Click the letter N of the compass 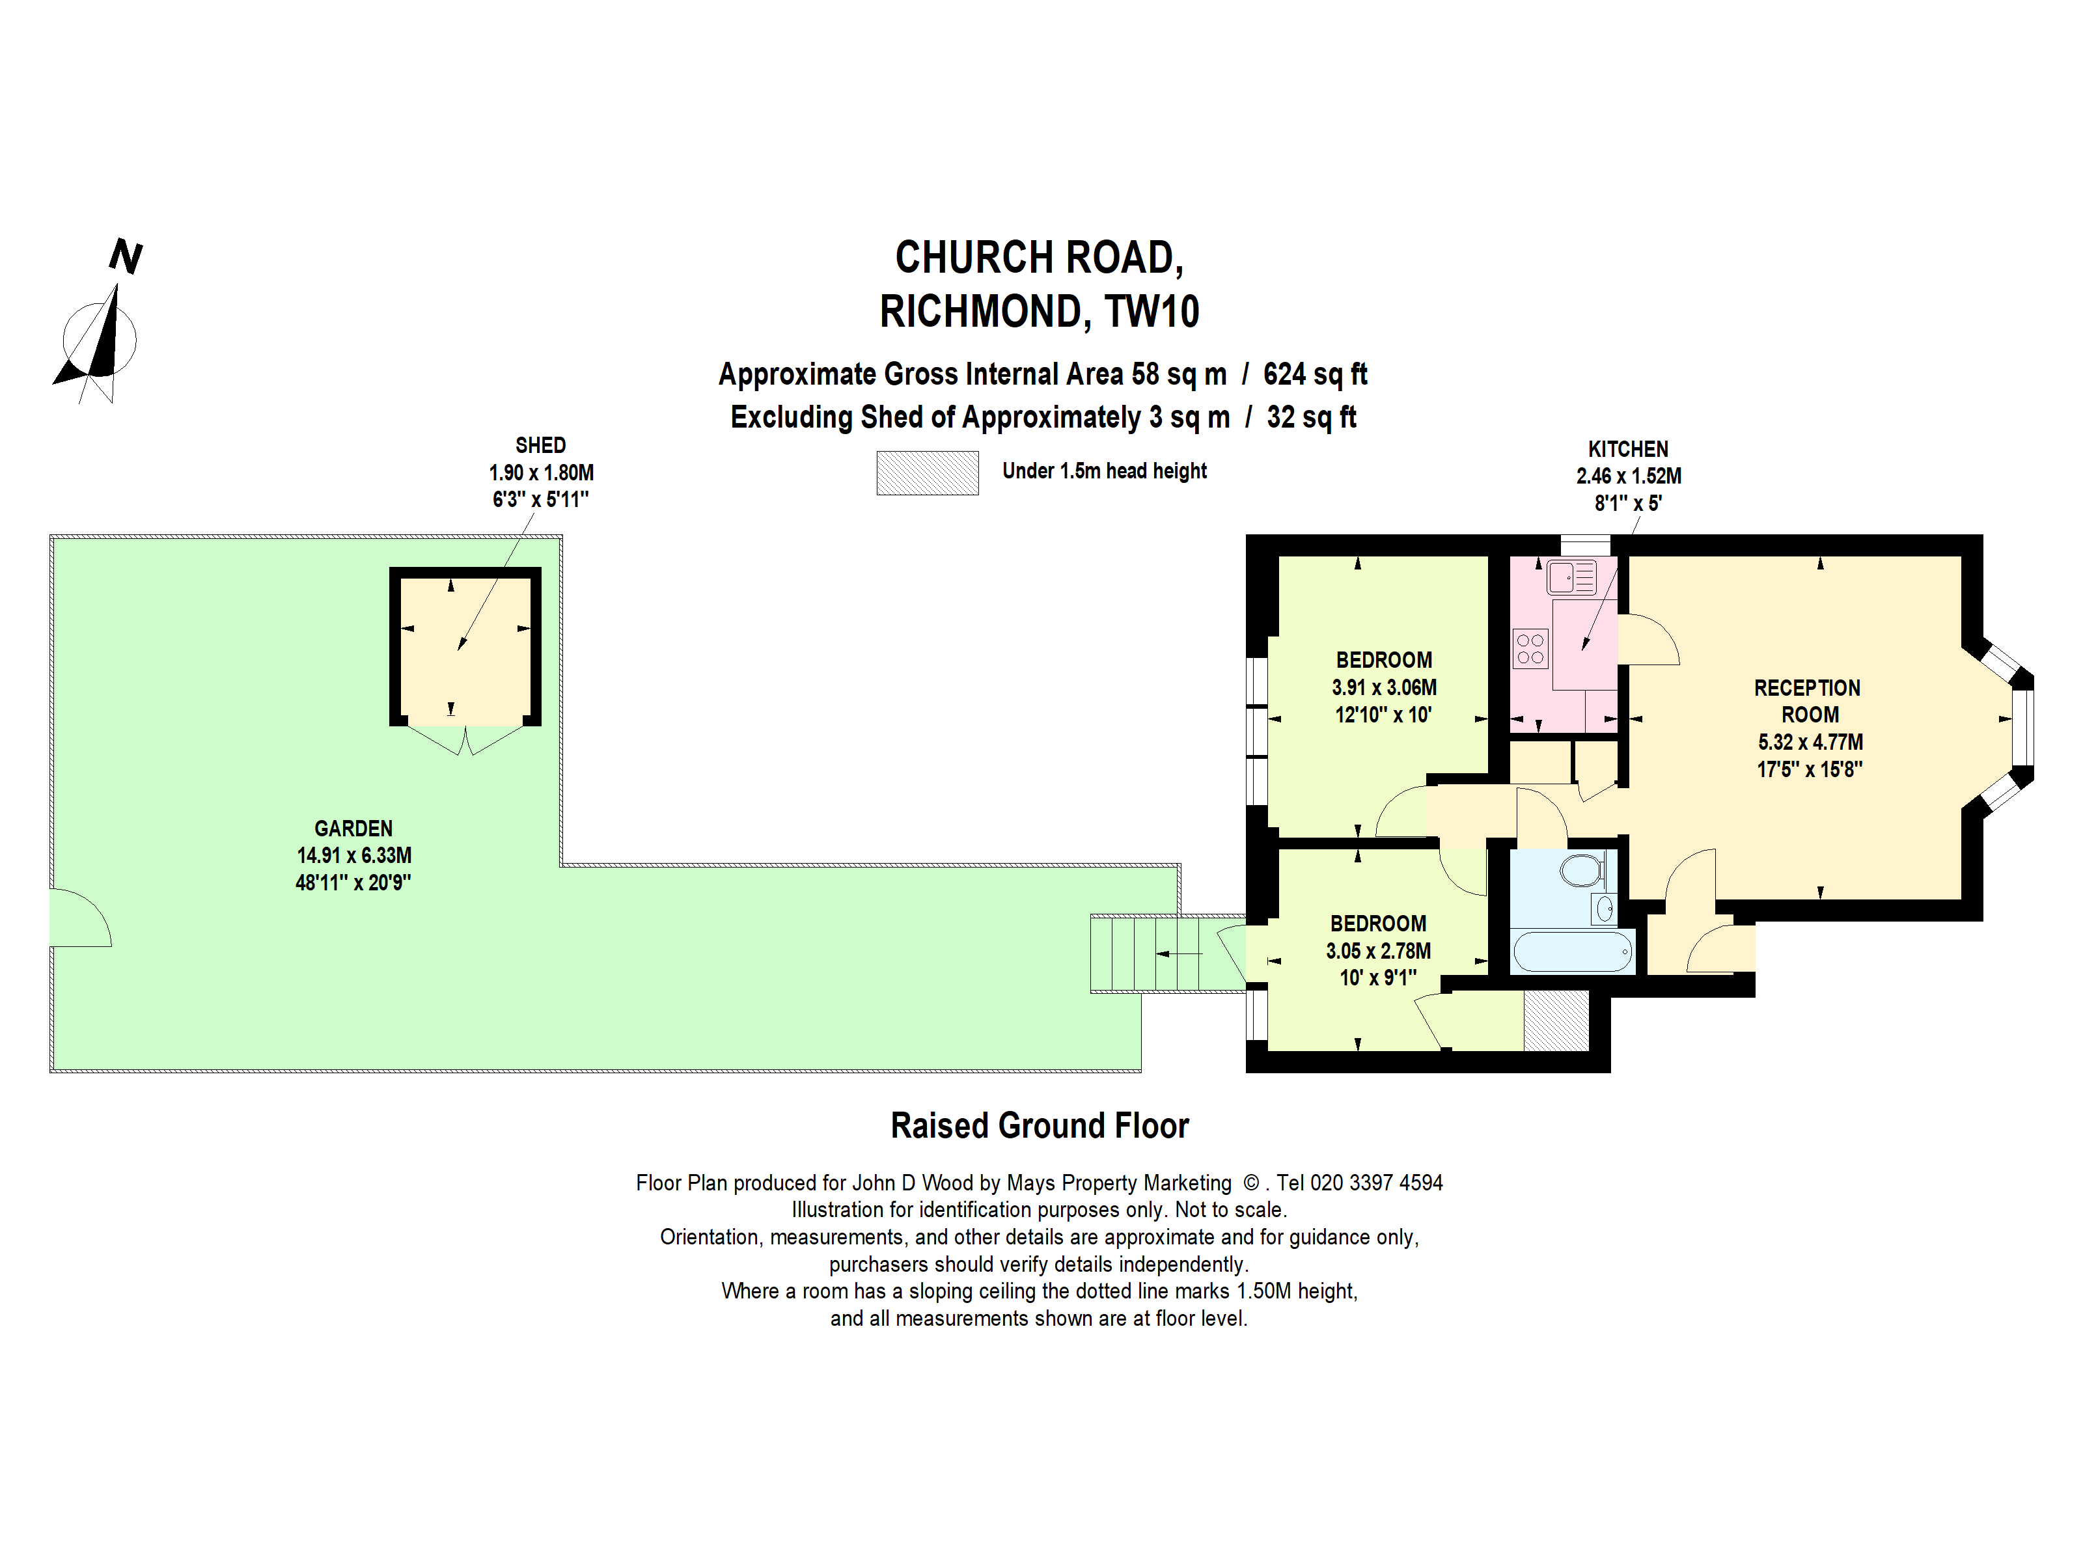(x=125, y=256)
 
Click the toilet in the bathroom (x=1583, y=870)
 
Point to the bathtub (x=1573, y=952)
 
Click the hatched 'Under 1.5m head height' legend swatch (x=928, y=473)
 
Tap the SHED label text (x=540, y=445)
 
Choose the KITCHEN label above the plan (x=1628, y=449)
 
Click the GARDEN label (x=353, y=829)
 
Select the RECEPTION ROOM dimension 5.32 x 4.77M (x=1810, y=742)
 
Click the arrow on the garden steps (x=1179, y=953)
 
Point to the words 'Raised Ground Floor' (x=1040, y=1126)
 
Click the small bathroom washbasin (x=1605, y=909)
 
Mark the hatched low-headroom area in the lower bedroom (x=1556, y=1021)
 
